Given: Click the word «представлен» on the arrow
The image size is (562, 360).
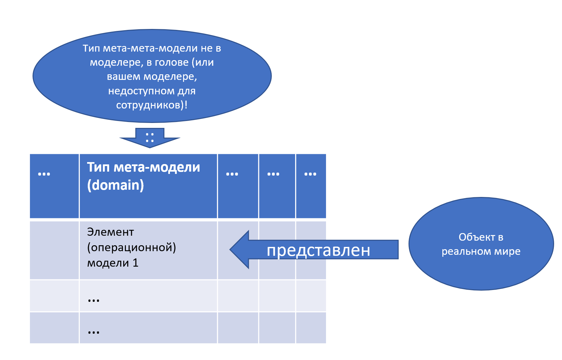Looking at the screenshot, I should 318,251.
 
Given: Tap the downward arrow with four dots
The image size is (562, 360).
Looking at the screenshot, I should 150,138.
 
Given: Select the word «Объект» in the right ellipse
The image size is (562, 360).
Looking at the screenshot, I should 477,237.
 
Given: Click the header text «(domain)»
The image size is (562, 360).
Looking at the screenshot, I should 115,185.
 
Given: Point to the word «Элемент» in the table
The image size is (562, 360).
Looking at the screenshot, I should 110,232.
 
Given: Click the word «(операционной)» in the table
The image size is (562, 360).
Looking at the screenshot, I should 131,247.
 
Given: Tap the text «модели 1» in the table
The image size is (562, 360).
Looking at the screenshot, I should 113,263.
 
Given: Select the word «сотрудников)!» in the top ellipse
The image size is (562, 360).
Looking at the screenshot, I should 152,105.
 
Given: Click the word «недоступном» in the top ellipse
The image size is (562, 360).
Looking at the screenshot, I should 141,91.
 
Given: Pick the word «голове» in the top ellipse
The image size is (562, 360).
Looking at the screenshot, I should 172,62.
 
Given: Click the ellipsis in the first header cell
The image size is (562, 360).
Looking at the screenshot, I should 44,174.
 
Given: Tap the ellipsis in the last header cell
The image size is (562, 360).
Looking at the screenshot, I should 310,174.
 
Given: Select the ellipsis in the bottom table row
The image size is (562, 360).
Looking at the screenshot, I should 94,332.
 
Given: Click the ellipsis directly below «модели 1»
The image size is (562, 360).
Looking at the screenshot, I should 94,300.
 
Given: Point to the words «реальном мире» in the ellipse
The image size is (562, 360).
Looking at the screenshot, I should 481,252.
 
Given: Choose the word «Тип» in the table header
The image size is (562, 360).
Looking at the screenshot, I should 98,167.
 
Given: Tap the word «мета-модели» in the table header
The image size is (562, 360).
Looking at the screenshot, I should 157,167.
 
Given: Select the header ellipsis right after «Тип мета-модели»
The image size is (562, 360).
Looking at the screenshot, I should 232,174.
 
